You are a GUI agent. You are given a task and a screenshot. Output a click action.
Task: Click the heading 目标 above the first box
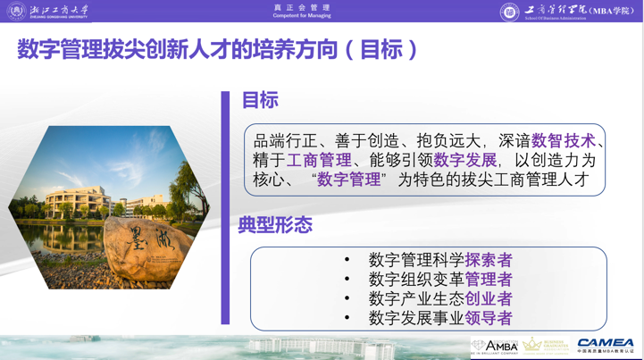pos(260,101)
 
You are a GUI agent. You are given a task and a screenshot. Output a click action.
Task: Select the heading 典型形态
pos(275,224)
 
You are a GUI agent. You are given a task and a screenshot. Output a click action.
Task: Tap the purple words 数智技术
pos(563,141)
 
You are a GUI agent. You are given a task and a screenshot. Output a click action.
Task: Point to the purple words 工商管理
pos(319,161)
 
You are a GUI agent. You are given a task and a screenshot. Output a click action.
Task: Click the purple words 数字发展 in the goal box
pos(465,161)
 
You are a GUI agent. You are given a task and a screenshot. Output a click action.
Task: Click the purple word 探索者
pos(489,260)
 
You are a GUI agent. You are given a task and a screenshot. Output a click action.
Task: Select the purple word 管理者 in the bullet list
pos(489,280)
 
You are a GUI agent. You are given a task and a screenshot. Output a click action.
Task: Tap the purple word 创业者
pos(489,299)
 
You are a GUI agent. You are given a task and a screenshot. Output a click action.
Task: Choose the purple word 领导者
pos(489,318)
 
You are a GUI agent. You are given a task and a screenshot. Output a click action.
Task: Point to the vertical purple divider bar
pos(225,207)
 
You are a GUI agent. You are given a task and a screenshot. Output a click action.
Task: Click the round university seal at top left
pos(16,11)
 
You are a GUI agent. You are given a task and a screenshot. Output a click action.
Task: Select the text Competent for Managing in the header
pos(302,16)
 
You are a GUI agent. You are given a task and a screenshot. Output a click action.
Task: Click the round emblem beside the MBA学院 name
pos(509,12)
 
